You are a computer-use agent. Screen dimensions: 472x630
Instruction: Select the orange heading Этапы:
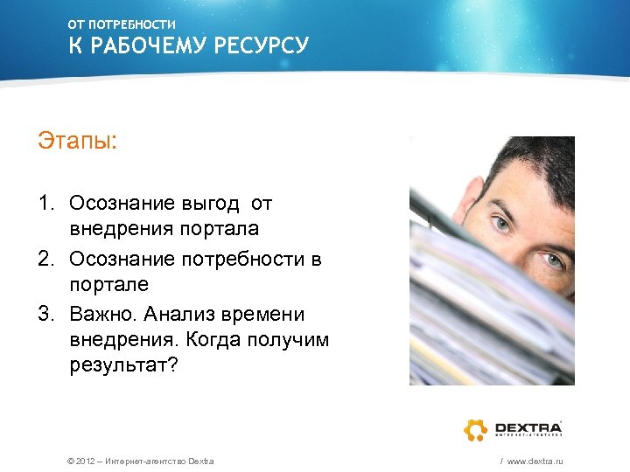[x=77, y=140]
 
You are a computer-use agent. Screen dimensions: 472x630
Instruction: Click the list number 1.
[x=45, y=204]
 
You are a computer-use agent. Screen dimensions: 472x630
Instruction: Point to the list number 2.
[x=45, y=259]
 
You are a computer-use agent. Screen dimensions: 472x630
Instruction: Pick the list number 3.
[x=45, y=313]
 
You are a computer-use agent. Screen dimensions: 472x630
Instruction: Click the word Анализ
[x=185, y=313]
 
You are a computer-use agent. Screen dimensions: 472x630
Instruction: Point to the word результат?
[x=123, y=366]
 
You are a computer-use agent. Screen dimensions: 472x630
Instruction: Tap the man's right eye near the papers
[x=552, y=260]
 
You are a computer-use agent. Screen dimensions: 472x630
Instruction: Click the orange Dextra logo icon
[x=475, y=429]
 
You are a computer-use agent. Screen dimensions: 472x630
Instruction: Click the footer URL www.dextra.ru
[x=535, y=461]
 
